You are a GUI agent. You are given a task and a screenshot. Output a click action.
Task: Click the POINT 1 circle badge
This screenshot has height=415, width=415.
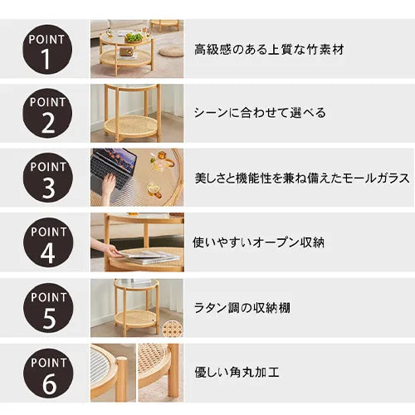[x=47, y=50]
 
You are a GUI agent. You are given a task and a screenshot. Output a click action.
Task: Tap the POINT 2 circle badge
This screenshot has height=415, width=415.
[x=47, y=114]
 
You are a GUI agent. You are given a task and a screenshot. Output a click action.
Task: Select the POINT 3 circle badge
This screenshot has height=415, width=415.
[x=48, y=178]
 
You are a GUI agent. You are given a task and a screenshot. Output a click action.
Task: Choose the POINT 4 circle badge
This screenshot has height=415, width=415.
[x=48, y=242]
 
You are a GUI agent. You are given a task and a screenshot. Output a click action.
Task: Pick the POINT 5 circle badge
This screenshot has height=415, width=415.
[x=48, y=308]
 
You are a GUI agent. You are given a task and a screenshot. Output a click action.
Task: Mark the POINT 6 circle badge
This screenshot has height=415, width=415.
[x=48, y=373]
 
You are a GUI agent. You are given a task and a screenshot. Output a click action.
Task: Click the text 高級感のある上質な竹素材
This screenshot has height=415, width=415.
[x=269, y=50]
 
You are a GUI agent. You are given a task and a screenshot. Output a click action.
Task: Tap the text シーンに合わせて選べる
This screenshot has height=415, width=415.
[x=260, y=113]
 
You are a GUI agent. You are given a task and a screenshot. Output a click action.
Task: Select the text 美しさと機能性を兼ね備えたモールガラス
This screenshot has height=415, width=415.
[x=302, y=178]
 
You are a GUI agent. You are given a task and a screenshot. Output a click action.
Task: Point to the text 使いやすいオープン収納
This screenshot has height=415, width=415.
[x=258, y=242]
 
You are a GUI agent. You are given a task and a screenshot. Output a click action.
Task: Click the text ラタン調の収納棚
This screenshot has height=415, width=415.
[x=242, y=308]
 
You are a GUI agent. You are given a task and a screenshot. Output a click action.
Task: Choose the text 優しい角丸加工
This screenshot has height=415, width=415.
[x=237, y=373]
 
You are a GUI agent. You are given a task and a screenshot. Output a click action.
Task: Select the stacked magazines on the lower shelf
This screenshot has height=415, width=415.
[x=149, y=256]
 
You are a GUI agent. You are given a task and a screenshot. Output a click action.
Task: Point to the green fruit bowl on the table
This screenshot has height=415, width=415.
[x=133, y=37]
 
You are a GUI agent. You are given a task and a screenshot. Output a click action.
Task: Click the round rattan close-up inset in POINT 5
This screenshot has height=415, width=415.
[x=173, y=328]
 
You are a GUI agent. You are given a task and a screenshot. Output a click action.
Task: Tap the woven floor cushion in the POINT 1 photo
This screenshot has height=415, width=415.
[x=171, y=51]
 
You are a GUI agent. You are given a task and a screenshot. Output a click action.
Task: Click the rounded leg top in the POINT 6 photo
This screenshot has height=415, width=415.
[x=122, y=361]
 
